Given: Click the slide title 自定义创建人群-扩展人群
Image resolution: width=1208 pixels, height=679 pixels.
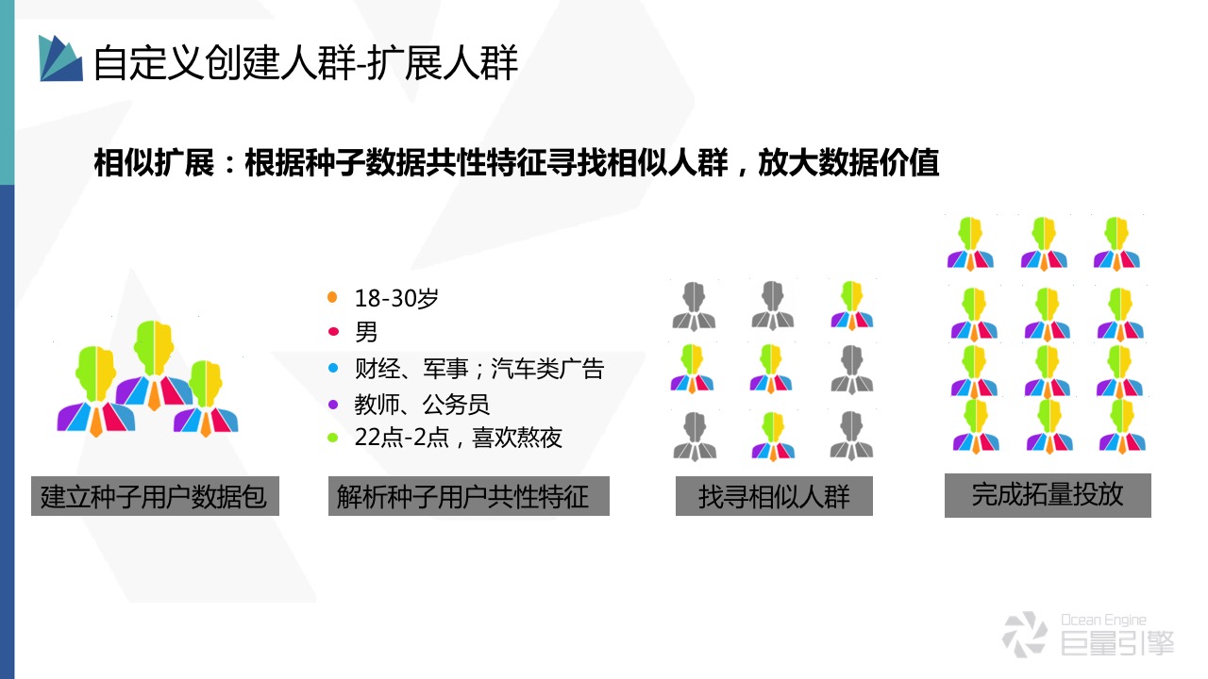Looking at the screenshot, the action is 306,62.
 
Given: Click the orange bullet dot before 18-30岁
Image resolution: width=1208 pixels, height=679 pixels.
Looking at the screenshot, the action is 331,298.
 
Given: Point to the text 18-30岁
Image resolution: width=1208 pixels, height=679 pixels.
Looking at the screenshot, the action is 396,298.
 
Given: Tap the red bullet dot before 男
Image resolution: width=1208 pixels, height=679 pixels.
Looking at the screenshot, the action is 331,332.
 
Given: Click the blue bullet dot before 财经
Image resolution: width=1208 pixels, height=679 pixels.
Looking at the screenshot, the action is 331,368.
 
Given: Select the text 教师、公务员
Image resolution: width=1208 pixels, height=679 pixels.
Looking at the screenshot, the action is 422,405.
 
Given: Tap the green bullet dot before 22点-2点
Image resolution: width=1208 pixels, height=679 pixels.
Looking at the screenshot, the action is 331,438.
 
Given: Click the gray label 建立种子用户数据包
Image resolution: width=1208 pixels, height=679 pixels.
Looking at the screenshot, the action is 155,496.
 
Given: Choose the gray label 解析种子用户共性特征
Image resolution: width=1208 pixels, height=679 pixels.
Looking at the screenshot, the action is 469,496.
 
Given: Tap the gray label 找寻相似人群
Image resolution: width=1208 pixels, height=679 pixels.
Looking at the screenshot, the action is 774,496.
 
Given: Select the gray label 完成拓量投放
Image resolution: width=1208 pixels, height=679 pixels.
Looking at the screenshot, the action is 1048,494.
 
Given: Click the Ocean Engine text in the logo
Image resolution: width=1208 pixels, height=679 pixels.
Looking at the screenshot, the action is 1103,620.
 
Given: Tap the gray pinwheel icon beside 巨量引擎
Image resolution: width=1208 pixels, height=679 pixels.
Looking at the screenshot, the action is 1024,634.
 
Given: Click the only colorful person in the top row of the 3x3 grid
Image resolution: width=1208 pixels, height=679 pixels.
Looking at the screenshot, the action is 852,305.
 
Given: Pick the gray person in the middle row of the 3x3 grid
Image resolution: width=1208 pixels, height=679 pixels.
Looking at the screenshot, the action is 852,369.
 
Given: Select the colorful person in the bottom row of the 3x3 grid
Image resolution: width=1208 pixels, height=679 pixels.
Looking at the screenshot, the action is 773,436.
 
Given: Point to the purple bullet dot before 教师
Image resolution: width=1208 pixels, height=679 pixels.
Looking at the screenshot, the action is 331,404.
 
